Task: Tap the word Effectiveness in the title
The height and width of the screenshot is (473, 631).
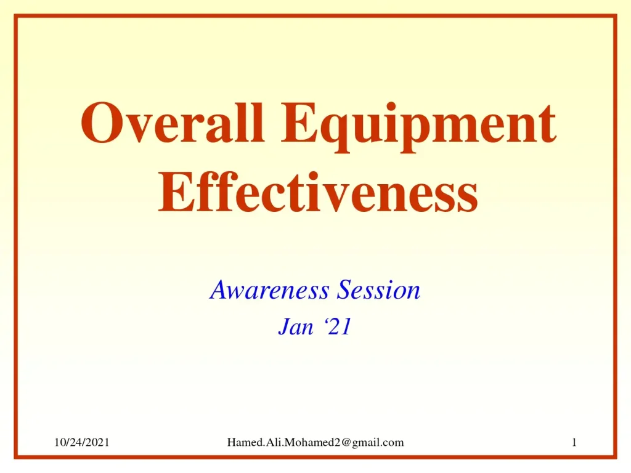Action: [318, 192]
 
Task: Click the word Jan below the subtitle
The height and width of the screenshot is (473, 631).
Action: [296, 328]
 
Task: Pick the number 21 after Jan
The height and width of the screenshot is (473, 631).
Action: [340, 328]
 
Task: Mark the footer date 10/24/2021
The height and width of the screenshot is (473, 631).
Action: [81, 442]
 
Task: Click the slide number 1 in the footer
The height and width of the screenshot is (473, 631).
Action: [574, 442]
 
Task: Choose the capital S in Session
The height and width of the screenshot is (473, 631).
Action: [340, 289]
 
